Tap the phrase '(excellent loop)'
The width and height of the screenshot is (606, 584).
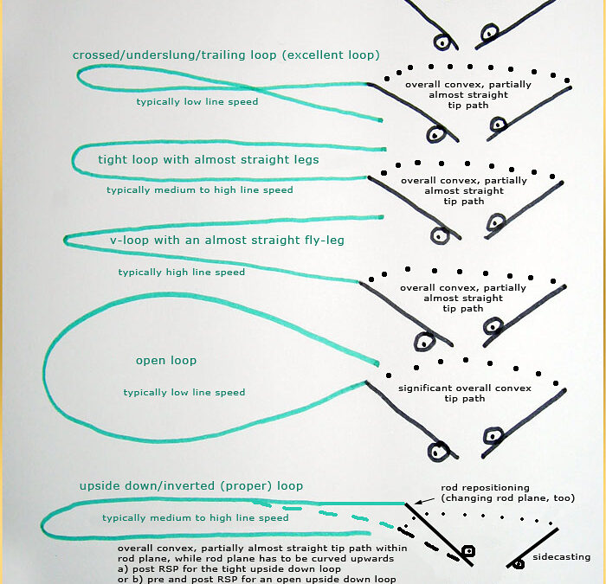(331, 55)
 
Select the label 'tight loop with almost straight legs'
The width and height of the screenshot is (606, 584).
(209, 159)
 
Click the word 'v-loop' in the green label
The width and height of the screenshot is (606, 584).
(129, 240)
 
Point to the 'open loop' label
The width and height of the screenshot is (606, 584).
(166, 361)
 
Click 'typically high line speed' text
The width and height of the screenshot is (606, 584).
(182, 273)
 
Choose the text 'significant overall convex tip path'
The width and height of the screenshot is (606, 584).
(465, 393)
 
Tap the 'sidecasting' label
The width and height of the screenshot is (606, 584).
(561, 557)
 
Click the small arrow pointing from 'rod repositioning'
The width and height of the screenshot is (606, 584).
(424, 501)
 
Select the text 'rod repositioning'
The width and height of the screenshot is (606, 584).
(485, 488)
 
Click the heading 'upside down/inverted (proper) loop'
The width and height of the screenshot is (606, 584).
(191, 486)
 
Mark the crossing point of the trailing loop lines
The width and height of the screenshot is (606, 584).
(256, 88)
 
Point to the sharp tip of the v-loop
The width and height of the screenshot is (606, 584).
(65, 241)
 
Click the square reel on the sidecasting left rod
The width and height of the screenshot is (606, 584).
(468, 551)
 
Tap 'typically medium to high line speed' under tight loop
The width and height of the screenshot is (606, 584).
(200, 190)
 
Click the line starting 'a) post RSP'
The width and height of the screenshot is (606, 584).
(229, 569)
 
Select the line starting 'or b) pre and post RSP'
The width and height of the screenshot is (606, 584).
(256, 580)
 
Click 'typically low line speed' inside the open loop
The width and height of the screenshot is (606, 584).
(184, 393)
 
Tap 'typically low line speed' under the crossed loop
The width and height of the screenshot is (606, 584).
(197, 101)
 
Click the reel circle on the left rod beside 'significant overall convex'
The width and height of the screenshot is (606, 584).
(438, 451)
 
